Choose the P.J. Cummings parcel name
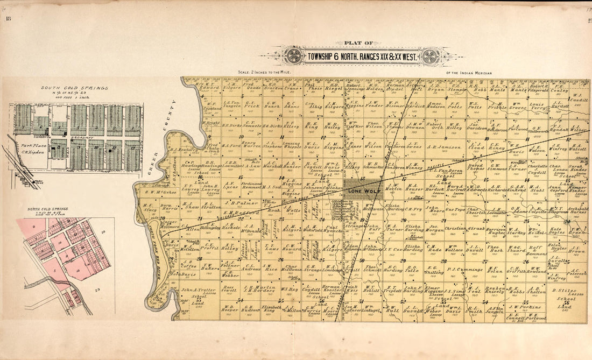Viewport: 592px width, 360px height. click(x=464, y=269)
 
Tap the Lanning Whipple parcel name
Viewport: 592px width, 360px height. click(x=292, y=145)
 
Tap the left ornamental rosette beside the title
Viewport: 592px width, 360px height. click(x=294, y=56)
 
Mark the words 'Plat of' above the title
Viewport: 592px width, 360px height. click(x=361, y=43)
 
